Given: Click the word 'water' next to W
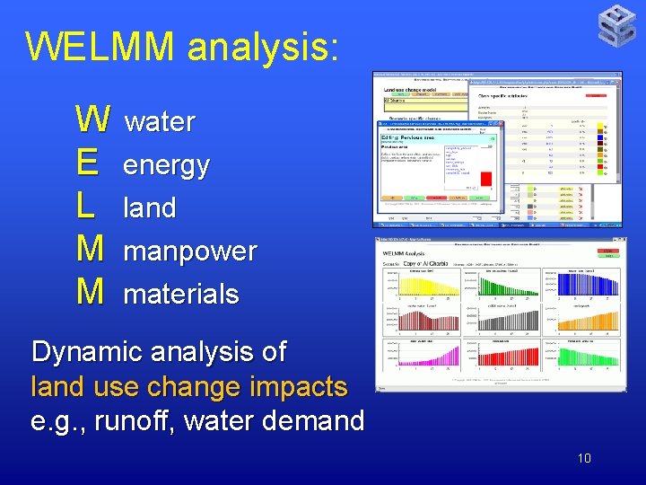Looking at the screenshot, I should coord(159,122).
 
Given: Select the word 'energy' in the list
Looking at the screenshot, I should coord(166,165).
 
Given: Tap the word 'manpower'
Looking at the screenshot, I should coord(189,251).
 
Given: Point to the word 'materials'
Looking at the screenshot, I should coord(180,294).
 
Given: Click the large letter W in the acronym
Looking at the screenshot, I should coord(93,119).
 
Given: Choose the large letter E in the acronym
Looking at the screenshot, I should coord(88,163).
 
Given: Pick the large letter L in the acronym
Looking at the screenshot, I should coord(86,206).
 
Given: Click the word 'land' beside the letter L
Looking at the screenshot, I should coord(149,208).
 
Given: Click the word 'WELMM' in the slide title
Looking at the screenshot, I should coord(101,46).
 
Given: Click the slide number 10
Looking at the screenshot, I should coord(583,458).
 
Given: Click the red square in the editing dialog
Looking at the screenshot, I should coord(486,177).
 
